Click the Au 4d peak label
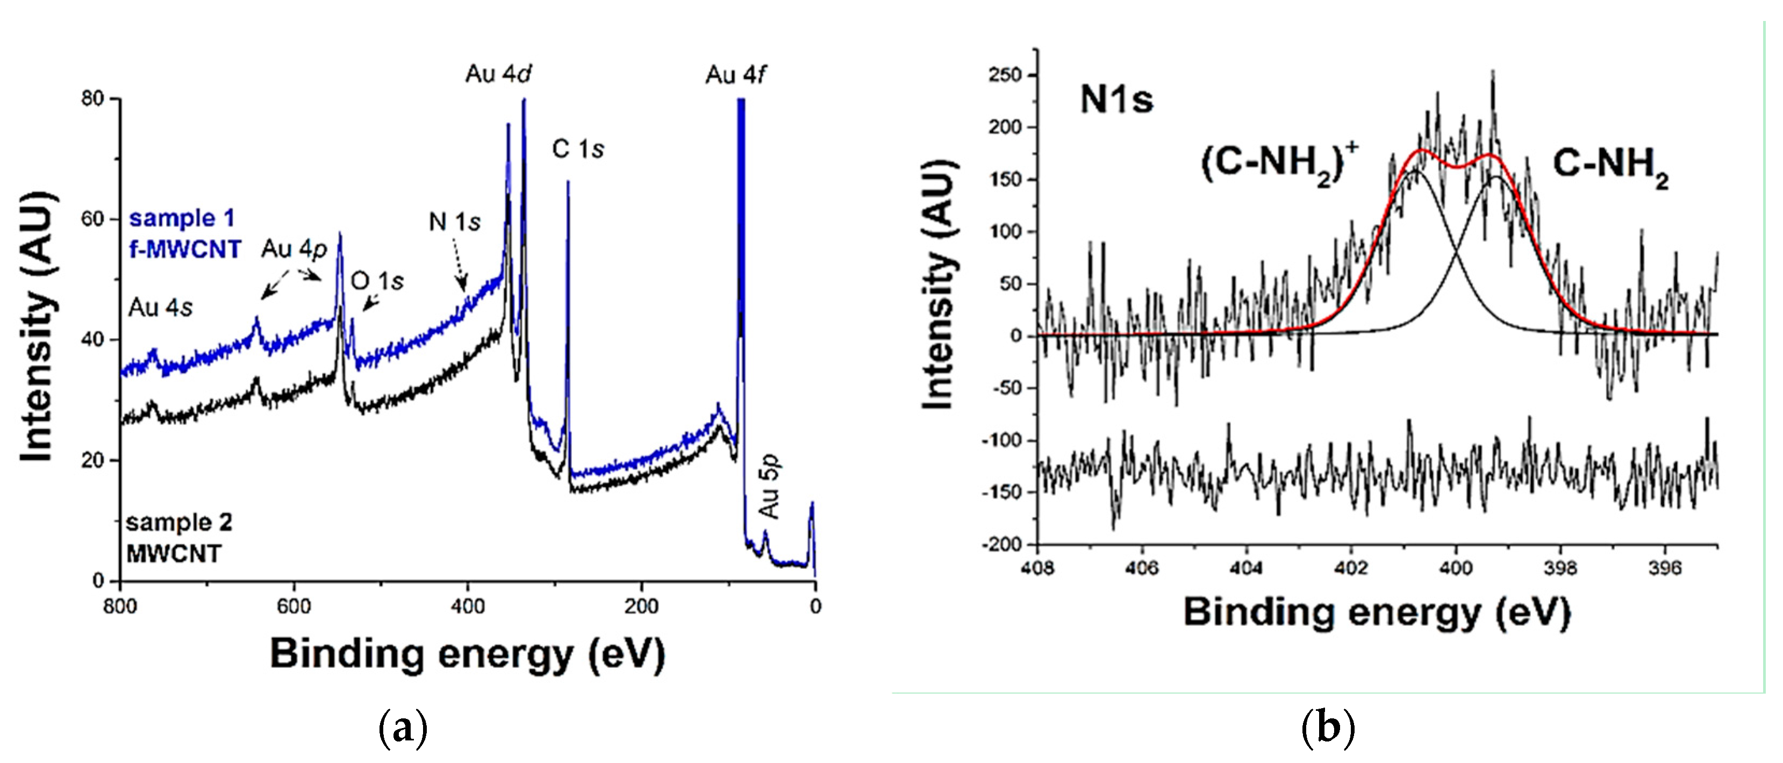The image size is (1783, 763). click(x=498, y=73)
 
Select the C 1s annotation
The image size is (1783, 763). click(x=577, y=149)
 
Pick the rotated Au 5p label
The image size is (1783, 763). click(x=769, y=486)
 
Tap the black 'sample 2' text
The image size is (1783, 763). click(x=178, y=522)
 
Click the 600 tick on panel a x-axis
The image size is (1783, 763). click(x=293, y=607)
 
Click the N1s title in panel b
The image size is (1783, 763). click(x=1116, y=99)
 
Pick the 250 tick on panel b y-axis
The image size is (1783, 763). click(x=1005, y=75)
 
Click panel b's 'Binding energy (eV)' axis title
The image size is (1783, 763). click(x=1376, y=612)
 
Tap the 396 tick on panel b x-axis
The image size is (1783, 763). click(x=1664, y=568)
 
